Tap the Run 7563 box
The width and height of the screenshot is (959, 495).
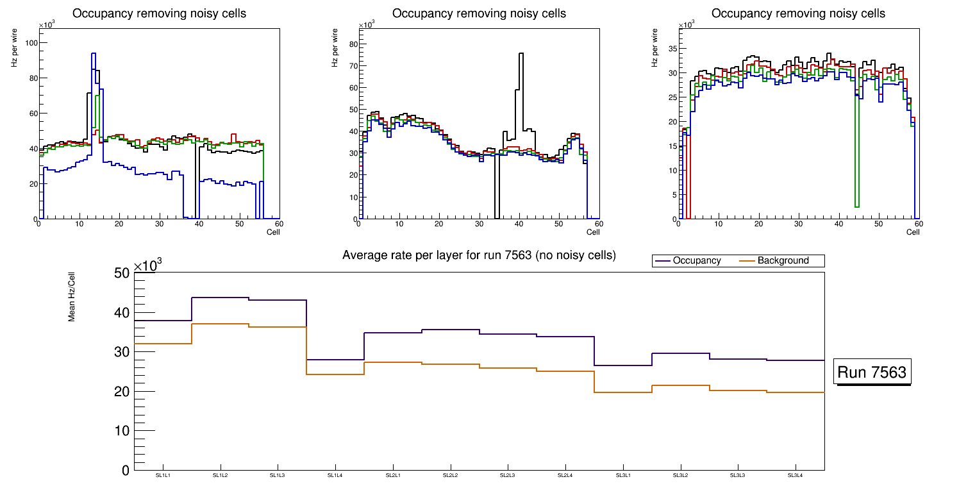[x=872, y=372]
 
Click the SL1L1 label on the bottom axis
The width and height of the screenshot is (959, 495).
[x=163, y=475]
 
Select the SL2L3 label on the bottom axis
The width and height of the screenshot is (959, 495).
[x=508, y=475]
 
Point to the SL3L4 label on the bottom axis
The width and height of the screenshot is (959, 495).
[x=795, y=475]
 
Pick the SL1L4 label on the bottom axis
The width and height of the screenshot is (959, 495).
[x=335, y=475]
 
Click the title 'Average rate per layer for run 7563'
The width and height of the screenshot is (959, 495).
[x=479, y=255]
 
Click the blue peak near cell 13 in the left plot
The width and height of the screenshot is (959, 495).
[x=94, y=54]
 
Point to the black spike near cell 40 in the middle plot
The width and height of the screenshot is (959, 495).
[x=521, y=54]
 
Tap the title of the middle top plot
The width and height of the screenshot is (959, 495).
[x=479, y=13]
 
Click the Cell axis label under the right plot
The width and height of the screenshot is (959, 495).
[x=913, y=232]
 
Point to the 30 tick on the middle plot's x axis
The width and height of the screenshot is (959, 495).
[x=478, y=224]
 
